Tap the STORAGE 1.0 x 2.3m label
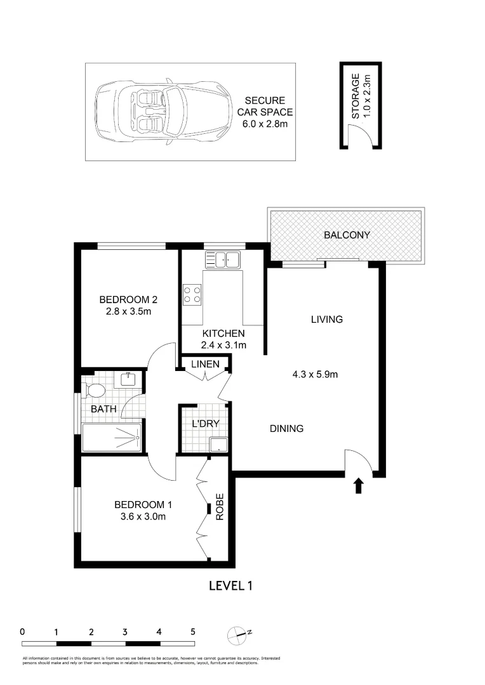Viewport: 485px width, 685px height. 361,96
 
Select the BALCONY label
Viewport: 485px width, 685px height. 347,235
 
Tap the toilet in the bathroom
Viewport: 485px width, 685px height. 95,389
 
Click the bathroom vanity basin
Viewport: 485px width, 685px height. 130,380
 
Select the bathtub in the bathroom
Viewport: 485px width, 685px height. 112,437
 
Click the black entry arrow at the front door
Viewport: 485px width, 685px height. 358,486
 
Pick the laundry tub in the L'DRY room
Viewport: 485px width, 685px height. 218,445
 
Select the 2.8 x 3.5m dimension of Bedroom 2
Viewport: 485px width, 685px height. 128,311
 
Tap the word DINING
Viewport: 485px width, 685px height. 286,429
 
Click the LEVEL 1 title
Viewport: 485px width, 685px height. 231,585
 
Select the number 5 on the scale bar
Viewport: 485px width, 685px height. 192,632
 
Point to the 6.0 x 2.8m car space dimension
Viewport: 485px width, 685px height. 265,124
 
